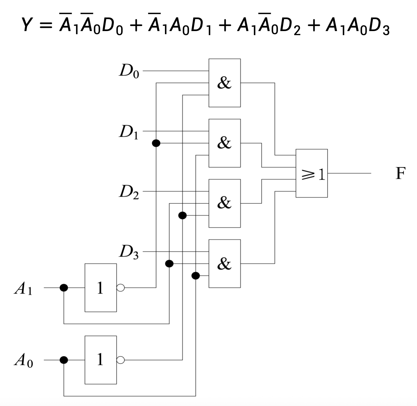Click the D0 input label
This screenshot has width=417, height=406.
[129, 72]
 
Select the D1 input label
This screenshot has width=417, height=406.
[129, 132]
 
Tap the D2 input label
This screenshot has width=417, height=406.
[129, 192]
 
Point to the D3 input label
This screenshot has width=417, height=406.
[129, 252]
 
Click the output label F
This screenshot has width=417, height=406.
[400, 173]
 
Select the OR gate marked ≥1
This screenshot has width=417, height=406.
[311, 173]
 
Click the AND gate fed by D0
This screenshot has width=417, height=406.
[224, 83]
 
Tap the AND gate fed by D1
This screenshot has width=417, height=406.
[224, 143]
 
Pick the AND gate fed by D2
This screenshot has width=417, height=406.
[224, 203]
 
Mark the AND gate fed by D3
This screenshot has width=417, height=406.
[224, 264]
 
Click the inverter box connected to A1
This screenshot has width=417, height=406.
[100, 288]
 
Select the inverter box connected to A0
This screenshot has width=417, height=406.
[100, 360]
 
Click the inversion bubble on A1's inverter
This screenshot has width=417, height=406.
[121, 288]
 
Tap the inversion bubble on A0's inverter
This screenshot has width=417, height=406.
[121, 360]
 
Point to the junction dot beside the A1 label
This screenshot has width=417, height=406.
[64, 288]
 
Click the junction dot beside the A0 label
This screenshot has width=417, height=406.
[64, 360]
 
